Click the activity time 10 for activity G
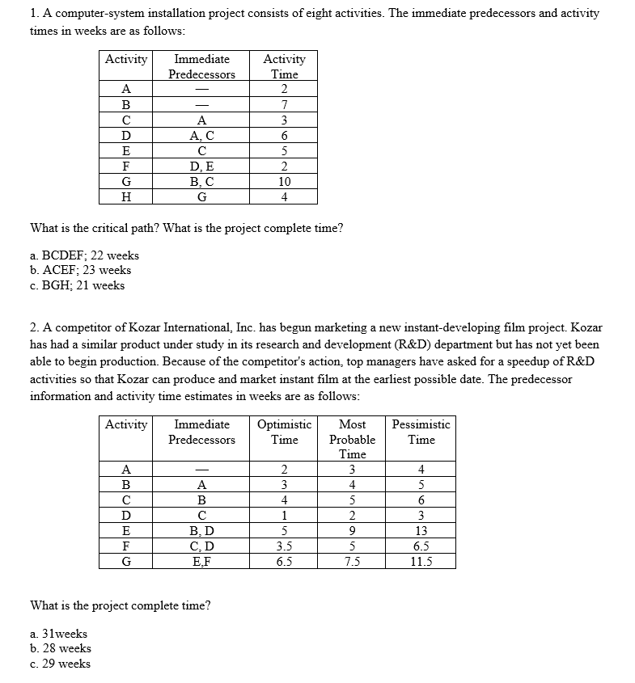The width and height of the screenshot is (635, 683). (x=284, y=182)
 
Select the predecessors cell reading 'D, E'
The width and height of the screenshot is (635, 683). (x=201, y=167)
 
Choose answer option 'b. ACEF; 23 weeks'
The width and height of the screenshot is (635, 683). (x=80, y=270)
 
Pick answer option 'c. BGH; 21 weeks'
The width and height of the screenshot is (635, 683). (x=77, y=285)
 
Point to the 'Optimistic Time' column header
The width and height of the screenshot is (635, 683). (x=284, y=432)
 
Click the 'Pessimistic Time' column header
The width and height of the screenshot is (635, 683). (x=421, y=432)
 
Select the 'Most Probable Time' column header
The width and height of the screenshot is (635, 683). (x=352, y=439)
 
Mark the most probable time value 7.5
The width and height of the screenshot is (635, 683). (x=352, y=563)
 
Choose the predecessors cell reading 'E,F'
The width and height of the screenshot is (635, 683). (x=201, y=563)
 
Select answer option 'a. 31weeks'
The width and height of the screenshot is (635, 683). (x=58, y=634)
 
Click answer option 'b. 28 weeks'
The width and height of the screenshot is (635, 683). (x=61, y=648)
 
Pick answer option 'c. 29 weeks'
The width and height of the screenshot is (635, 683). (x=61, y=664)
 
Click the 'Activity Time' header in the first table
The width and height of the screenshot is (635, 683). (x=284, y=66)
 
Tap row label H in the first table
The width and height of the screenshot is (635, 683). (x=126, y=197)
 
